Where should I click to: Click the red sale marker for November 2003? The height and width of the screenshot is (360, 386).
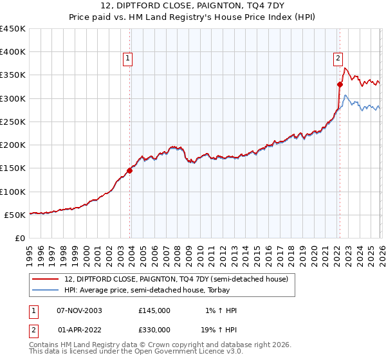pos(130,170)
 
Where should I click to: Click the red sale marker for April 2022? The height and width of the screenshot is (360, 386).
pos(340,84)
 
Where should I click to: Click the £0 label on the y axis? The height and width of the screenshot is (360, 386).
pos(21,238)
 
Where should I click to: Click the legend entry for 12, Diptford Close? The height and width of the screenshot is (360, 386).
pos(179,278)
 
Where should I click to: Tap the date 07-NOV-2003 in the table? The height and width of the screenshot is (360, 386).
pos(79,310)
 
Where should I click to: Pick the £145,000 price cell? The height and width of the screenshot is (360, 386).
pos(154,310)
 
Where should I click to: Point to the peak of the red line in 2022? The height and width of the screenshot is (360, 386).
pos(345,68)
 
